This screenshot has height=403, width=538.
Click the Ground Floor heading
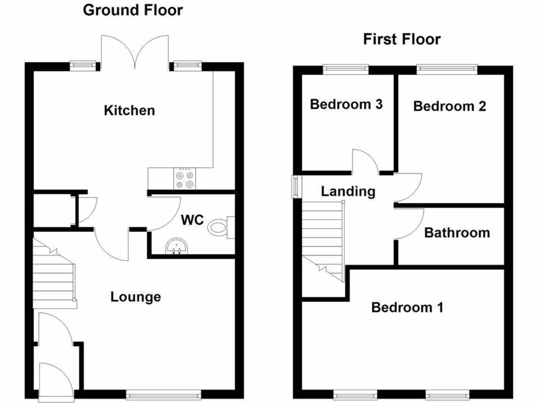click(x=133, y=10)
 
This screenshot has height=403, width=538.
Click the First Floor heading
click(x=402, y=39)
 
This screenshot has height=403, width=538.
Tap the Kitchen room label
click(x=129, y=110)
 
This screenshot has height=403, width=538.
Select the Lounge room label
click(x=136, y=297)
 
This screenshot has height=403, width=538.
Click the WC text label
click(x=192, y=220)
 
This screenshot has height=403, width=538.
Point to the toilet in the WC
click(x=220, y=228)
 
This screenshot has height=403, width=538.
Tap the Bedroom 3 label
click(x=346, y=104)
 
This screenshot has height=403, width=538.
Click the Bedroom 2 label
click(x=449, y=106)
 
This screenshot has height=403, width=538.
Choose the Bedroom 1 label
click(x=407, y=307)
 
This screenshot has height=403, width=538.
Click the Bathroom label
click(x=457, y=232)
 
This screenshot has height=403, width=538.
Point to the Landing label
click(x=348, y=192)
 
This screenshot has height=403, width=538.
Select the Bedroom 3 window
click(x=346, y=68)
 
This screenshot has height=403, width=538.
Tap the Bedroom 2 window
click(x=447, y=68)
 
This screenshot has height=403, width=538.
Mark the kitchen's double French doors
click(x=136, y=52)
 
